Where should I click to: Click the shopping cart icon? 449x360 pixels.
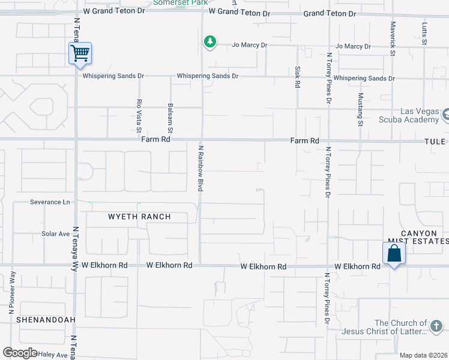click(x=80, y=54)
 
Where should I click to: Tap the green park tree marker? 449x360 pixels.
click(x=209, y=42)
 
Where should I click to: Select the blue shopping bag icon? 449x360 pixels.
click(x=394, y=253)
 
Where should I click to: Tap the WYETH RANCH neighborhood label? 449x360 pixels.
click(x=139, y=217)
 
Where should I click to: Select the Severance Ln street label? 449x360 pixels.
click(x=50, y=202)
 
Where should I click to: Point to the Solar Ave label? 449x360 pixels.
click(x=56, y=233)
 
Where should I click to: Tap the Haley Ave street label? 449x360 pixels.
click(x=53, y=355)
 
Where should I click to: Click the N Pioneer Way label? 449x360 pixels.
click(x=11, y=293)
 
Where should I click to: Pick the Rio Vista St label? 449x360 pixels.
click(x=139, y=115)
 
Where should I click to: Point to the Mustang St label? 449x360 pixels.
click(x=361, y=109)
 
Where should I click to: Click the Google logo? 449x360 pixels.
click(x=20, y=353)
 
